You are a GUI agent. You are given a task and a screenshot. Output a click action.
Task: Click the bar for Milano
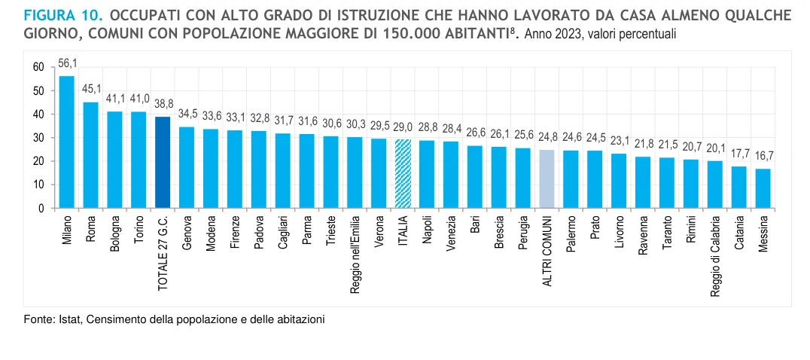pos(66,142)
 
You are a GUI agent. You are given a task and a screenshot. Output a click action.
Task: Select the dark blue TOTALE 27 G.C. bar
pos(162,162)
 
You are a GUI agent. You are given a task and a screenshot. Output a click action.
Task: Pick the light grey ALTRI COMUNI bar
pos(547,178)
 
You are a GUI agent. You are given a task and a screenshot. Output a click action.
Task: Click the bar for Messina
pos(763,188)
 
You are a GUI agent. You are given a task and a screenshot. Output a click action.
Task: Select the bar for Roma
pos(90,154)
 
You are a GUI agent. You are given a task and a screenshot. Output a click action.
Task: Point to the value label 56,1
pos(68,63)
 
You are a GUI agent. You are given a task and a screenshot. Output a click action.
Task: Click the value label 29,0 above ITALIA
pos(403,127)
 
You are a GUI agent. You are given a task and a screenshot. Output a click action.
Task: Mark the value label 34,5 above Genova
pos(187,114)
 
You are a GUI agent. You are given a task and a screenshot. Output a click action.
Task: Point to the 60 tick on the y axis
pos(38,67)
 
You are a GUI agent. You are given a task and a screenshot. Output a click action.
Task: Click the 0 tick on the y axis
pos(41,208)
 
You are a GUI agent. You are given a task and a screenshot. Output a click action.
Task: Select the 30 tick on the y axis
pos(38,138)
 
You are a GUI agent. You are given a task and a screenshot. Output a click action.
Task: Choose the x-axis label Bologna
pos(115,234)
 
